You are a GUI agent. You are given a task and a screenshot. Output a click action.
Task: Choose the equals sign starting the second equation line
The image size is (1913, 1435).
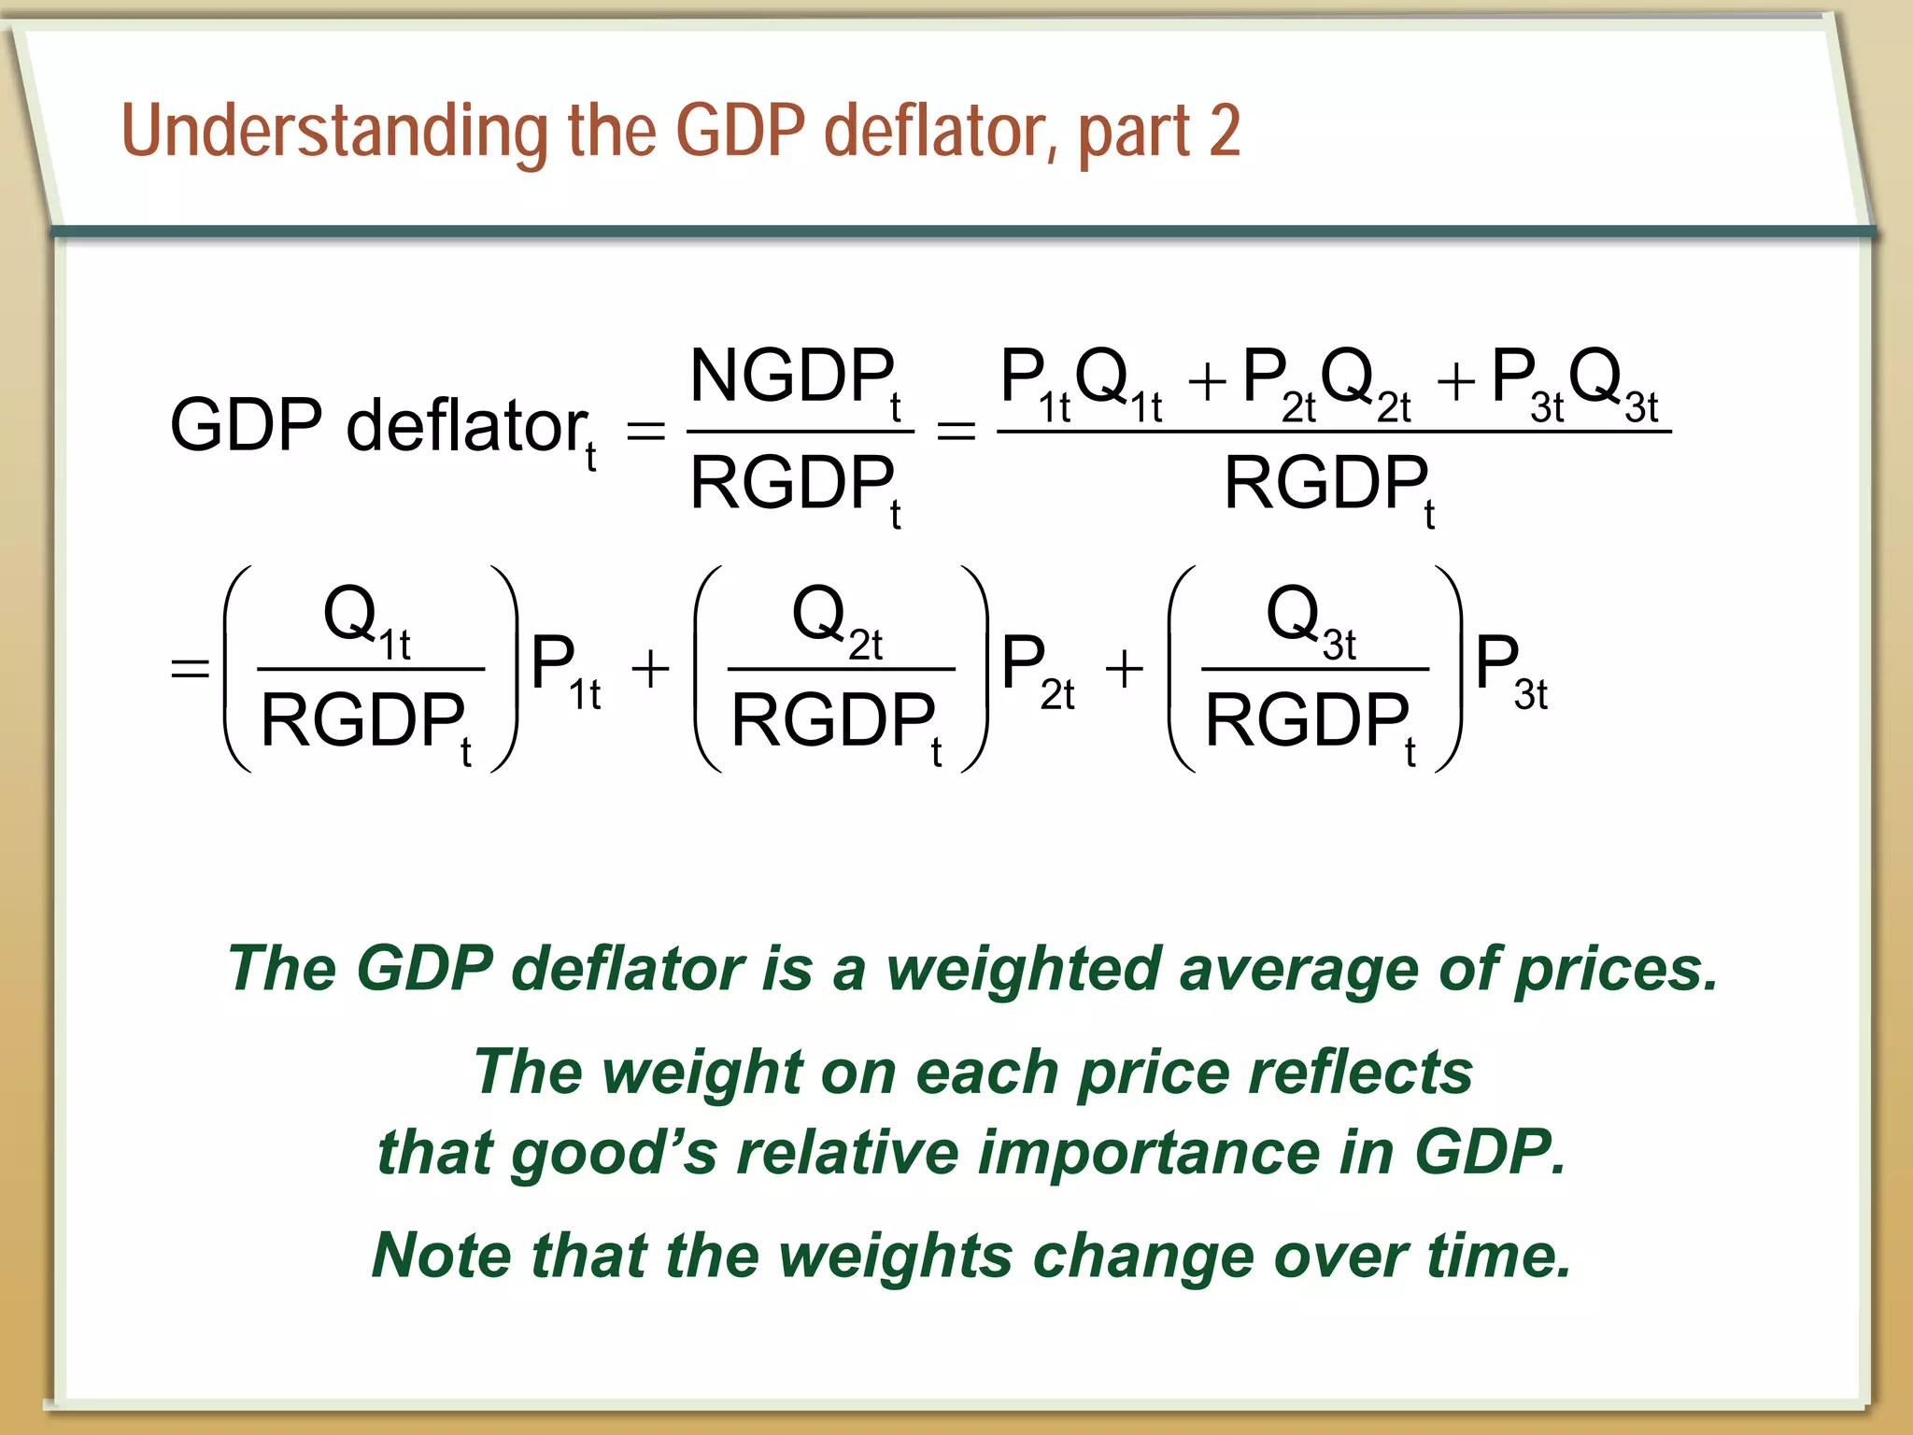(x=190, y=668)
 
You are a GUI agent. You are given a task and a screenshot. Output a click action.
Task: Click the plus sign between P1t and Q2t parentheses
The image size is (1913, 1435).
(x=651, y=669)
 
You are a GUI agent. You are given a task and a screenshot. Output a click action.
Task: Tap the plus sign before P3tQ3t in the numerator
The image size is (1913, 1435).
(x=1456, y=382)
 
